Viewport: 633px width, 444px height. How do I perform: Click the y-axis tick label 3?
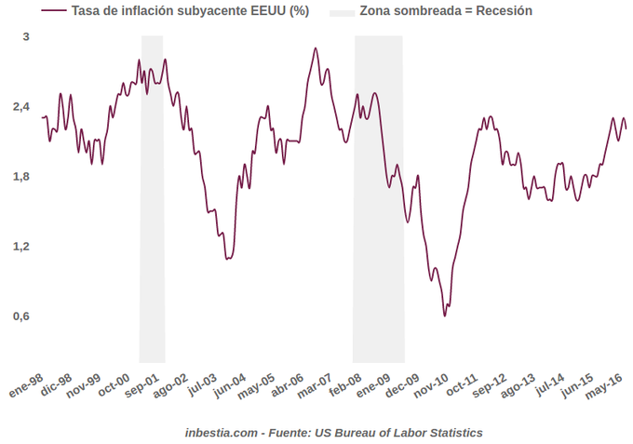(26, 36)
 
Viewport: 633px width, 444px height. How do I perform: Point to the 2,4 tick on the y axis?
(22, 107)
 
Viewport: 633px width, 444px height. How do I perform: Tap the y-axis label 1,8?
(22, 177)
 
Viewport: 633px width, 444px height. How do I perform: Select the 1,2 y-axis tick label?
(22, 247)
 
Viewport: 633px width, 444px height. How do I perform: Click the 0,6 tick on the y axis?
(22, 316)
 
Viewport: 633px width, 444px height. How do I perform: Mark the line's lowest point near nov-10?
(445, 316)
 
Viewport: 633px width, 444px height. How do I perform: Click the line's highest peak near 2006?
(316, 48)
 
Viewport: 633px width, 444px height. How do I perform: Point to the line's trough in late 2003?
(227, 258)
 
